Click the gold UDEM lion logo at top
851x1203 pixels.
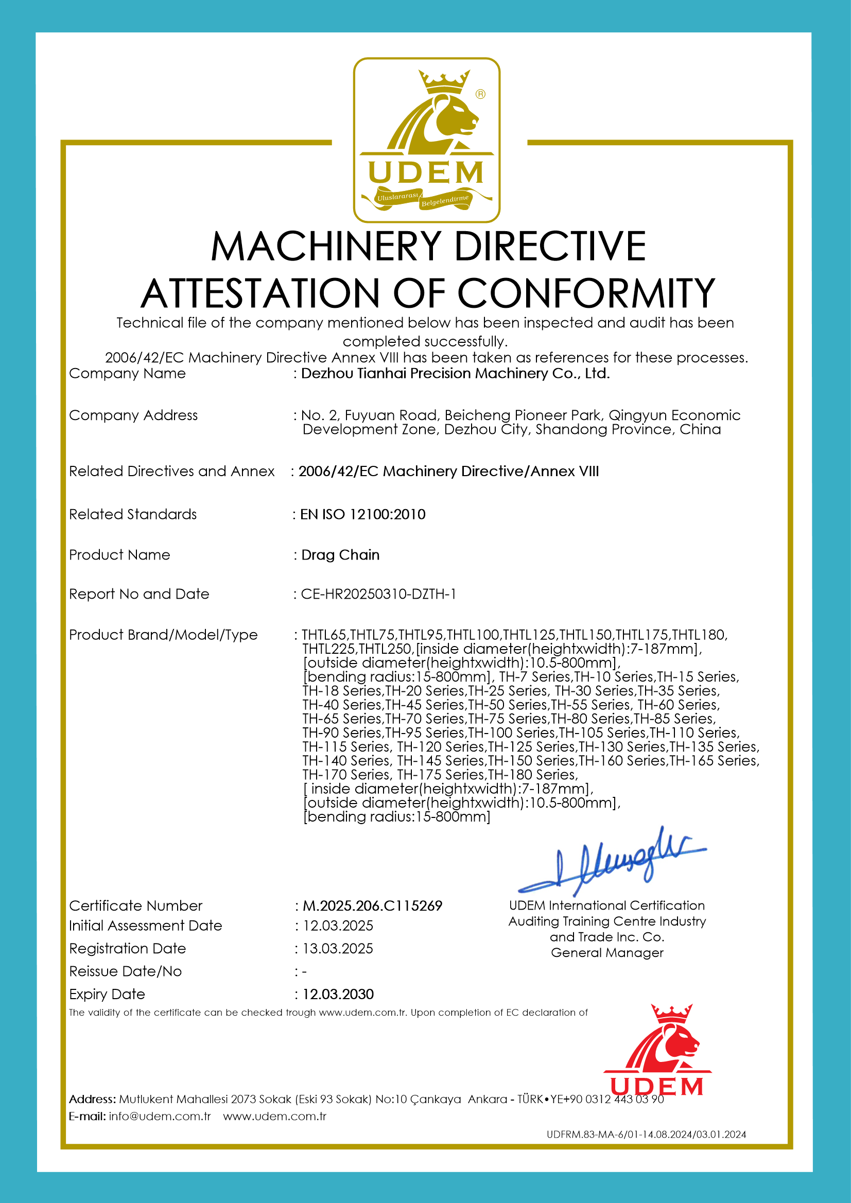tap(426, 140)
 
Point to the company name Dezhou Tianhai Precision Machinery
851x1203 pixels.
tap(455, 374)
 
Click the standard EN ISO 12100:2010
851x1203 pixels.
tap(362, 515)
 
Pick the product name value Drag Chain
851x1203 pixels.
tap(340, 555)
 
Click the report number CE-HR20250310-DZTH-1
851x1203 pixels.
tap(378, 594)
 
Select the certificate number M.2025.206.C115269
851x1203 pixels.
tap(373, 906)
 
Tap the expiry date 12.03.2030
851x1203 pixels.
tap(338, 995)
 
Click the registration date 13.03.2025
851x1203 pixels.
tap(338, 949)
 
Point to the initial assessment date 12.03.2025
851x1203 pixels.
tap(338, 926)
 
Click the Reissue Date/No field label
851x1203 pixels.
tap(125, 971)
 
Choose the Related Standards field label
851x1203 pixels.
tap(133, 515)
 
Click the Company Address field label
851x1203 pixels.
tap(133, 415)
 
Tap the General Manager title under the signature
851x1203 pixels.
tap(607, 952)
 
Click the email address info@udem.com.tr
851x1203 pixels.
tap(159, 1116)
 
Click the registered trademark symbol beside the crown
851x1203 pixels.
tap(480, 94)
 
